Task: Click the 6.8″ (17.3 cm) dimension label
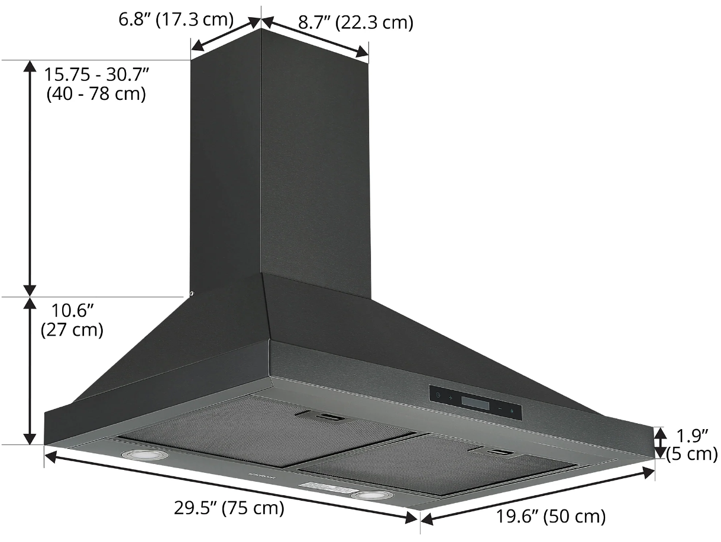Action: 175,19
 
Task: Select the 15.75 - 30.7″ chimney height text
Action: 97,75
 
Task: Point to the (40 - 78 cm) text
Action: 96,94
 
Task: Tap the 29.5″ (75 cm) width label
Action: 229,507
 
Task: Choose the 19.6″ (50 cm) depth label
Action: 551,516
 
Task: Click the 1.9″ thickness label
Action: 693,436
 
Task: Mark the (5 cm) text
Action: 691,455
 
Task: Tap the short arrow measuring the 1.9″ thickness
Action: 661,442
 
